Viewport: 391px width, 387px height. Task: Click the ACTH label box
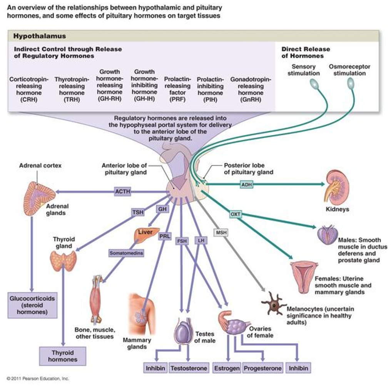[122, 191]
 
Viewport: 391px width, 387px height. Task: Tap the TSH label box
[137, 212]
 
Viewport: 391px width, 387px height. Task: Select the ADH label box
[247, 185]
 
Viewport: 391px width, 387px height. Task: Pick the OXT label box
[235, 214]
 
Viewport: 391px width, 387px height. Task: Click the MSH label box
[221, 232]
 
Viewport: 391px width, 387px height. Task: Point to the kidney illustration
[336, 187]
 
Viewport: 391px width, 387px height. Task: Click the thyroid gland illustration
[63, 261]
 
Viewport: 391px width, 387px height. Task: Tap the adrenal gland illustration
[39, 198]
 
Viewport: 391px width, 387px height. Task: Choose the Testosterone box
[189, 368]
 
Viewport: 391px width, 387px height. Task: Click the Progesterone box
[263, 368]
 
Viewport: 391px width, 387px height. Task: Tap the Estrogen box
[227, 368]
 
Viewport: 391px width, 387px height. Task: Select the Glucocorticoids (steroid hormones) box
[32, 305]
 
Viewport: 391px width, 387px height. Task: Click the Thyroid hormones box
[62, 356]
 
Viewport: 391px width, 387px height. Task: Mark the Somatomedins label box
[126, 253]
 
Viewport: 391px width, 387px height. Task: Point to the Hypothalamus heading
[40, 36]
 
